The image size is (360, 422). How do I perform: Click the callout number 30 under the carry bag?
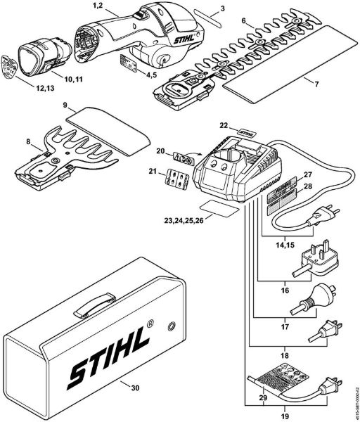pos(127,385)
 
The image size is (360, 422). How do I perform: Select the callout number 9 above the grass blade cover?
pos(64,106)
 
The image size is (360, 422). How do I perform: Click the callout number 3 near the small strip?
pos(224,8)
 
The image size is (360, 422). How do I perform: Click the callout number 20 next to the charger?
pos(160,151)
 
